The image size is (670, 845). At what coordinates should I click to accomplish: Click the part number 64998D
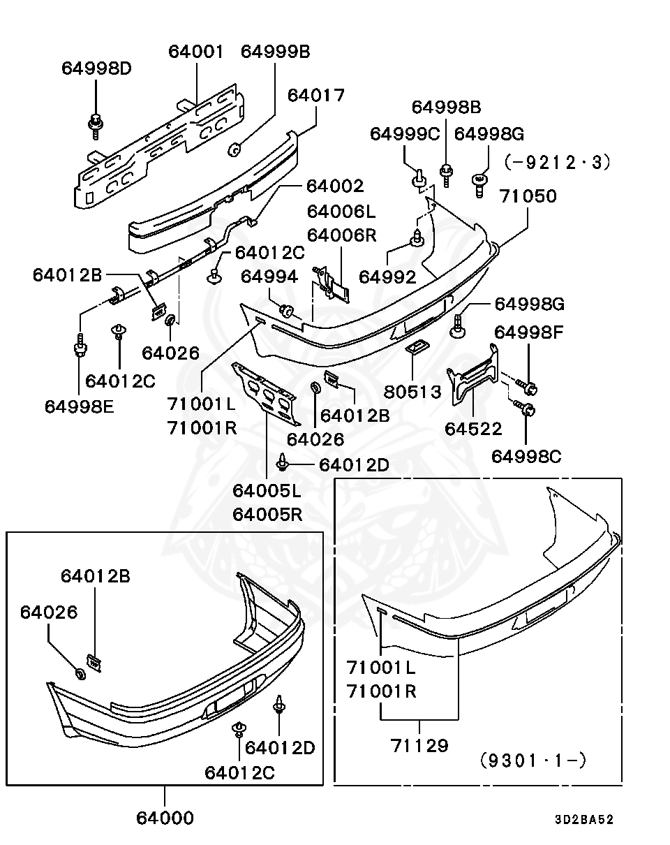click(x=96, y=68)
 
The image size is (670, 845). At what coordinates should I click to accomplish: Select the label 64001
click(x=196, y=51)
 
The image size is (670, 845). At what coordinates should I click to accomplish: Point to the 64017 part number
click(x=316, y=95)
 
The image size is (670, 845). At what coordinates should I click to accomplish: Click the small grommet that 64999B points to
click(x=235, y=148)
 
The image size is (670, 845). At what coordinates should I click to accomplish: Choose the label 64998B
click(x=446, y=107)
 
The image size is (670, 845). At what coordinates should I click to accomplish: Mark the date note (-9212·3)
click(x=557, y=162)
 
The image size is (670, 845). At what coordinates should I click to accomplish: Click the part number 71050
click(x=528, y=196)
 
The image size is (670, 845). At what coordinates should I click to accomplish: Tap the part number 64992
click(x=387, y=277)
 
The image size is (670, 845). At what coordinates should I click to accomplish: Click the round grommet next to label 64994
click(x=286, y=309)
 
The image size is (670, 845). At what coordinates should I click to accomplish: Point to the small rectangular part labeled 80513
click(x=415, y=348)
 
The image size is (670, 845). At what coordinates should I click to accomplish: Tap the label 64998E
click(x=79, y=406)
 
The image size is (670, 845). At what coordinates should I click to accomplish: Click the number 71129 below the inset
click(x=419, y=745)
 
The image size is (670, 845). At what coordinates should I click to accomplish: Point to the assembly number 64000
click(x=165, y=817)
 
